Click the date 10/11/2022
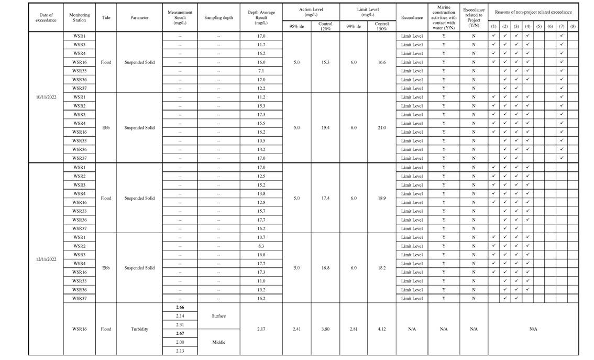(46, 97)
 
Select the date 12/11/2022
(46, 259)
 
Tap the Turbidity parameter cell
(139, 329)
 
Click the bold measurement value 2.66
(180, 307)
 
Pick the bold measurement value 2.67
(180, 333)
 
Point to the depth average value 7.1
(261, 71)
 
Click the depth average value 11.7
(261, 45)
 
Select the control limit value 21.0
(381, 127)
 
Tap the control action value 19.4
(325, 127)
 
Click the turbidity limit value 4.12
(381, 329)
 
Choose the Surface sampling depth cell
(218, 316)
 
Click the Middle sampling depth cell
(218, 342)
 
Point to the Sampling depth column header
(218, 17)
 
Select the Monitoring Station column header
(79, 17)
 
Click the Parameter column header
(139, 17)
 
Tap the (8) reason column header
(573, 26)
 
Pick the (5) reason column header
(539, 26)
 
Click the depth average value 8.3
(261, 246)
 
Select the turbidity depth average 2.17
(261, 329)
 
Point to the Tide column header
(106, 17)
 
